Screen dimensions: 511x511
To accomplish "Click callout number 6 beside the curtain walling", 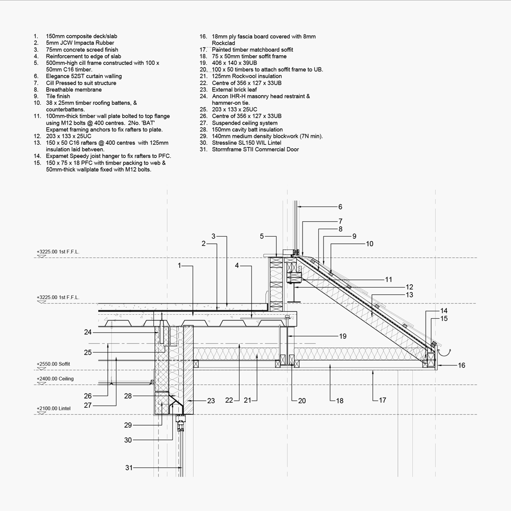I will pos(340,207).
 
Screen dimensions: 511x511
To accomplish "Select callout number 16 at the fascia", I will pos(461,365).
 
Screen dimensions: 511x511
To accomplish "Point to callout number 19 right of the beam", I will pos(342,336).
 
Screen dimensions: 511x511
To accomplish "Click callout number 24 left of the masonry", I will pos(88,332).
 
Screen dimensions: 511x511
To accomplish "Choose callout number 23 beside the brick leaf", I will pos(211,401).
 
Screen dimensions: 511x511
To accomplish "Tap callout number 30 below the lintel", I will pos(128,440).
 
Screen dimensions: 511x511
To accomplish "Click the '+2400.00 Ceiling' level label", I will pos(55,379).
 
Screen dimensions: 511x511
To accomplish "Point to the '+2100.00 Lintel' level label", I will pos(53,409).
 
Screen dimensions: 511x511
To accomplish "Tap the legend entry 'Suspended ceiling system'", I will pos(245,123).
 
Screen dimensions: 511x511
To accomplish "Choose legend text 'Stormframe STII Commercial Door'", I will pos(255,150).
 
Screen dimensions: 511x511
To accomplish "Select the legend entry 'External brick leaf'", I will pos(235,89).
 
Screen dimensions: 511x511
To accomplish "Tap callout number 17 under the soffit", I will pos(382,401).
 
